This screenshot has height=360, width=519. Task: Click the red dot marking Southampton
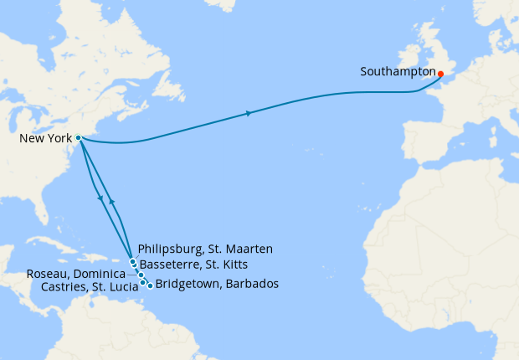pos(440,74)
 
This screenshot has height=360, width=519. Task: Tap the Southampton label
pos(398,72)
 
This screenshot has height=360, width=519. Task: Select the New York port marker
pos(78,137)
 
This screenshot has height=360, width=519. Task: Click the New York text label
pos(45,138)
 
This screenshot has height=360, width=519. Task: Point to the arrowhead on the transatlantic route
pos(249,113)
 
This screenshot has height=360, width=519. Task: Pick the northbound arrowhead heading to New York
pos(111,202)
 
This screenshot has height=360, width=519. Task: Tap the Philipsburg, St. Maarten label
pos(205,249)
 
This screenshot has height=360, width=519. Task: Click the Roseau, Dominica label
pos(75,274)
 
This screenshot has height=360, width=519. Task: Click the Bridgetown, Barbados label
pos(217,285)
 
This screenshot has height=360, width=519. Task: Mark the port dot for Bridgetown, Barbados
pos(150,285)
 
